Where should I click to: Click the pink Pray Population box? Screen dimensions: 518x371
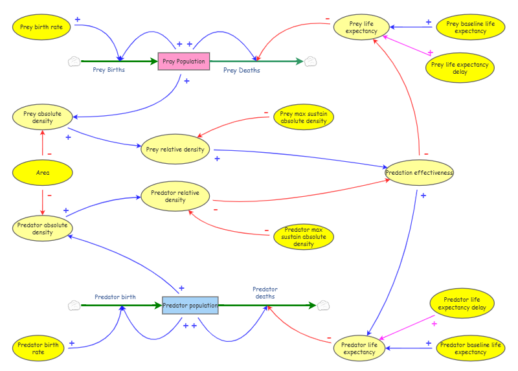[x=184, y=61]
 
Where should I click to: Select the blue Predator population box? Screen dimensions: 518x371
[x=190, y=305]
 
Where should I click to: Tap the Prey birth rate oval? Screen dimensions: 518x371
[x=41, y=27]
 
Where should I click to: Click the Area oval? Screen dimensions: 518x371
[x=43, y=172]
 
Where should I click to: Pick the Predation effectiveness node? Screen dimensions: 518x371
[x=419, y=172]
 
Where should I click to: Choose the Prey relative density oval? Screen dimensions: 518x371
[x=175, y=149]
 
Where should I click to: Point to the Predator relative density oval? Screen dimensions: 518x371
[x=175, y=196]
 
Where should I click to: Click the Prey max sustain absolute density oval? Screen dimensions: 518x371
[x=304, y=117]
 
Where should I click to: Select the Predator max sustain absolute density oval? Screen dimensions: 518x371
[x=304, y=236]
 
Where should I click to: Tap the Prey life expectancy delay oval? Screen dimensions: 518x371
[x=460, y=68]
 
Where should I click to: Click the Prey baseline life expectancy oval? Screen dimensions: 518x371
[x=471, y=27]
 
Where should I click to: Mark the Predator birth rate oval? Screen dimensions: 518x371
[x=38, y=348]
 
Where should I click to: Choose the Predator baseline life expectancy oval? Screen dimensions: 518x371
[x=471, y=348]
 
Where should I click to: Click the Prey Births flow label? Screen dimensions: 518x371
[x=109, y=70]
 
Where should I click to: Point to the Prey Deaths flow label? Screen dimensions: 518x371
[x=242, y=70]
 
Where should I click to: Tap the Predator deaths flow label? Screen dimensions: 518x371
[x=265, y=293]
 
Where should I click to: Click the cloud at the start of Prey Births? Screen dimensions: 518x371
[x=74, y=62]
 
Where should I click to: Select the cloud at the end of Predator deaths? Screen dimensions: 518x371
[x=323, y=306]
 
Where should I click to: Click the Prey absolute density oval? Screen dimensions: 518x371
[x=43, y=117]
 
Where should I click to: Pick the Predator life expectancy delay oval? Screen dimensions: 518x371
[x=462, y=303]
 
